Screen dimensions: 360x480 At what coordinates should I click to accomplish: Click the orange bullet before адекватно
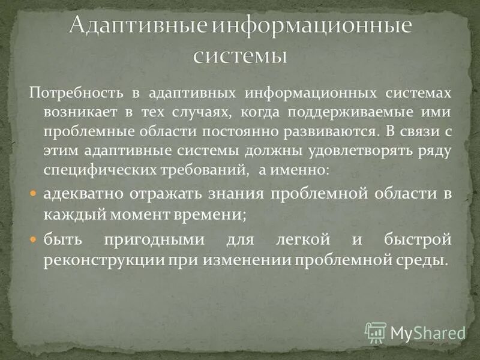click(x=34, y=194)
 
